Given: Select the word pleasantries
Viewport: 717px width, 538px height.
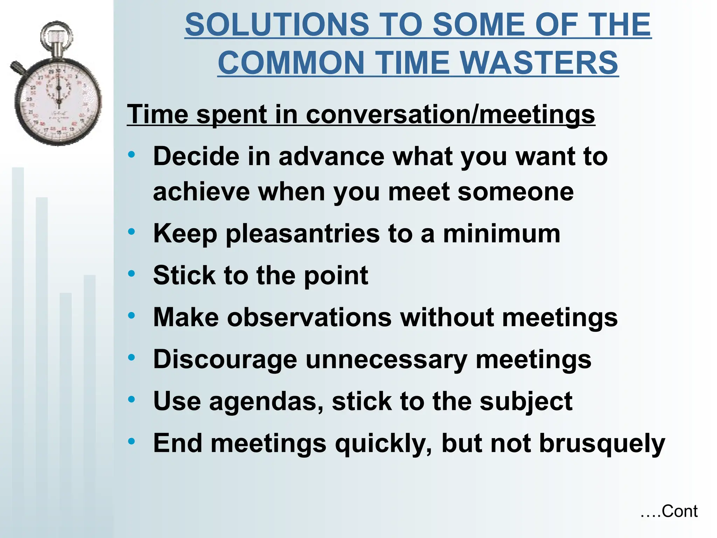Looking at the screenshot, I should (302, 234).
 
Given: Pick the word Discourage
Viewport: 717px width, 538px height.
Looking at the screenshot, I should (225, 360).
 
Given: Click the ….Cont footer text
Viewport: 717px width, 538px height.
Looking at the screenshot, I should (669, 511).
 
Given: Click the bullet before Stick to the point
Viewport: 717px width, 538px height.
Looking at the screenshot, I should (132, 274).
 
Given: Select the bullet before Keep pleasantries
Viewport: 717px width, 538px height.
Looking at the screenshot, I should (132, 232).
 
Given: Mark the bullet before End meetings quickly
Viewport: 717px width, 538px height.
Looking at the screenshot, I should (132, 441).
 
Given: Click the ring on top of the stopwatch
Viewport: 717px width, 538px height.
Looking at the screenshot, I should (56, 35).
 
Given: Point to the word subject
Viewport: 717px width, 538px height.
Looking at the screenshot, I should (526, 401).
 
